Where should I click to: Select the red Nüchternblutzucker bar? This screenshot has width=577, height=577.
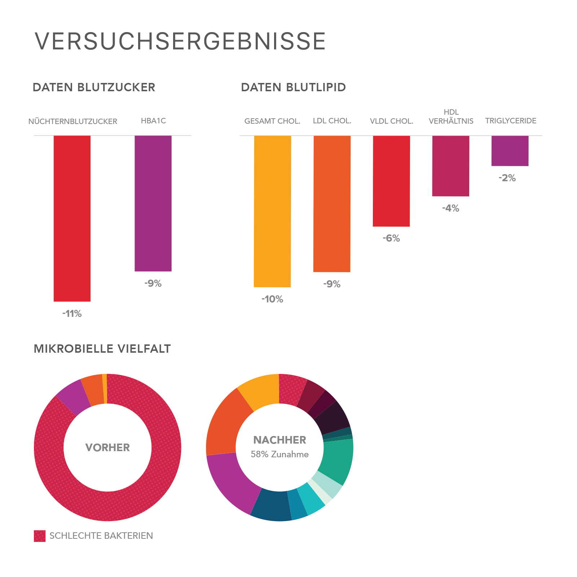[72, 218]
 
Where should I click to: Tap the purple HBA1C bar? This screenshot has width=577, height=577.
[153, 203]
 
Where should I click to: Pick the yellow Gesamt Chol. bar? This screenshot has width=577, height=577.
[272, 211]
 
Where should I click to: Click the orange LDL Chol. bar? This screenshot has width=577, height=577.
[332, 203]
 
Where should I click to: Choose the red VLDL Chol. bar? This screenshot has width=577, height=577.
[391, 181]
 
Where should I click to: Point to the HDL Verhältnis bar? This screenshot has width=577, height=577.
[451, 166]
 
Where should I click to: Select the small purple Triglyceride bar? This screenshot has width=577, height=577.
[510, 151]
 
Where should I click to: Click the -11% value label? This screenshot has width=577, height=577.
[72, 314]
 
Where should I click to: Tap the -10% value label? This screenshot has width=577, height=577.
[272, 299]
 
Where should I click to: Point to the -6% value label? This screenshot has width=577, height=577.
[391, 238]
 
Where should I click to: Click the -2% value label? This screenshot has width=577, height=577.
[507, 178]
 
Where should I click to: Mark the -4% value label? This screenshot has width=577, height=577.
[451, 208]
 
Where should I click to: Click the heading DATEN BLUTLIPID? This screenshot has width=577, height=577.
[293, 87]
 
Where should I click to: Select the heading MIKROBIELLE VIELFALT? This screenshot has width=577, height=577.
[102, 349]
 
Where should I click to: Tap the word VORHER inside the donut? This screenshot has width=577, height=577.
[107, 448]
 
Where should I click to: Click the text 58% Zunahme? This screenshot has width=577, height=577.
[279, 454]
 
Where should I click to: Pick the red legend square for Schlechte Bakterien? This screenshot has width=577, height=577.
[40, 536]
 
